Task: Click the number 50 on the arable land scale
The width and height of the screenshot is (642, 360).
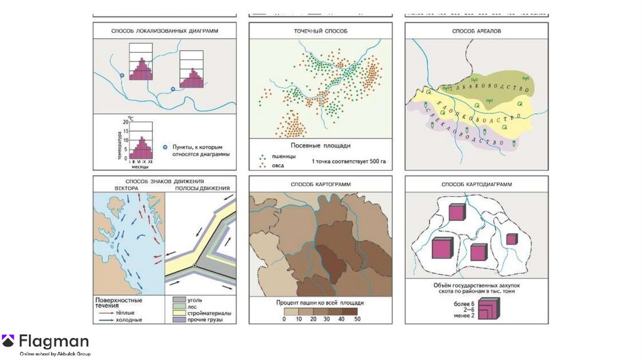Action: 357,319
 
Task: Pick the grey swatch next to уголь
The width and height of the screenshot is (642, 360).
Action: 179,300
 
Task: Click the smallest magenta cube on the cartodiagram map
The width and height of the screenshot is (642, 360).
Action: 512,239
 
